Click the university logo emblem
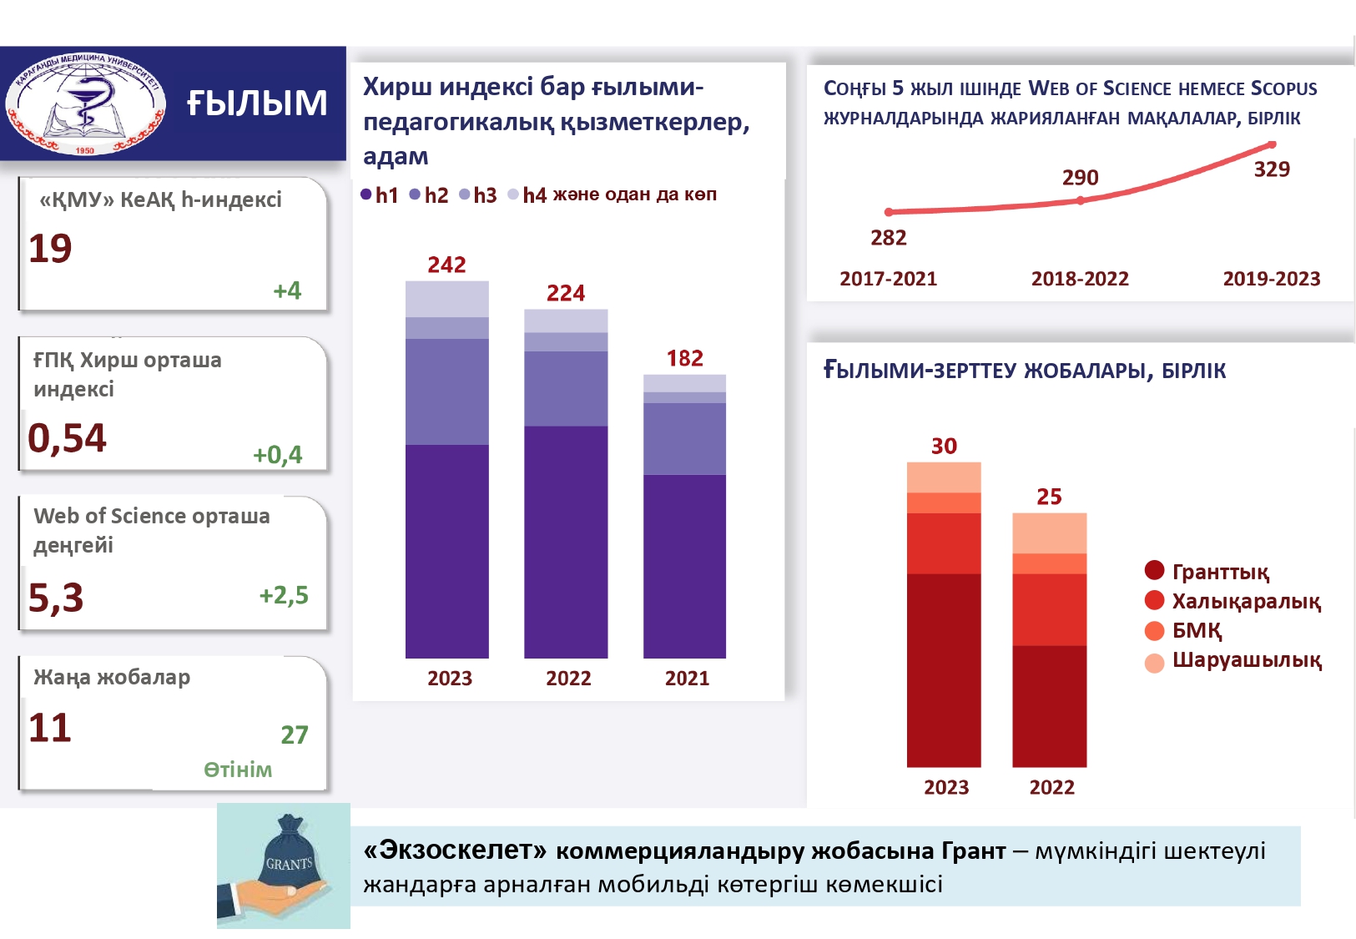[x=85, y=104]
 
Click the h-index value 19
[x=50, y=249]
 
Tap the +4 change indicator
[x=287, y=290]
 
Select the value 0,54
[x=67, y=438]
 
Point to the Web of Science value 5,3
[x=56, y=598]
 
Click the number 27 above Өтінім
[x=294, y=735]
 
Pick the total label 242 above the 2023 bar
[x=446, y=265]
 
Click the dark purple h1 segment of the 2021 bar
[x=684, y=566]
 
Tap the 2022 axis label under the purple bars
[x=568, y=679]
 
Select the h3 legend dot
[x=465, y=194]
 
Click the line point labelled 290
[x=1081, y=200]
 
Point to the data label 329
[x=1272, y=169]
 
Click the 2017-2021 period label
[x=888, y=279]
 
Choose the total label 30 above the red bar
[x=944, y=446]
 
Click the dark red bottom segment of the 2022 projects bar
[x=1049, y=705]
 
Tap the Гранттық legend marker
[x=1154, y=571]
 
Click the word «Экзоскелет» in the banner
[x=456, y=851]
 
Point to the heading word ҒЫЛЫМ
[x=257, y=103]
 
